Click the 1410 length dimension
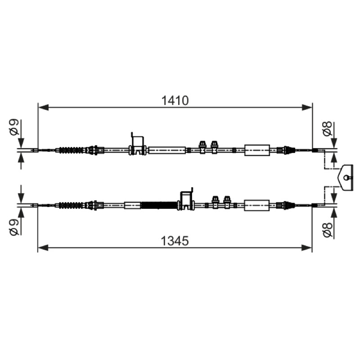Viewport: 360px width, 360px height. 175,100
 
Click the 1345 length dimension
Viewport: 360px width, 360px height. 175,241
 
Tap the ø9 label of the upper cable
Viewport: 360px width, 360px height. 14,127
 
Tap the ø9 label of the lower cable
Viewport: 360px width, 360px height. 14,227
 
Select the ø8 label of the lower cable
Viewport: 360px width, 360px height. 327,229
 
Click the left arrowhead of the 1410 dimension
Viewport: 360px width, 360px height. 43,107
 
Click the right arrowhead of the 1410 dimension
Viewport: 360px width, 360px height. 307,107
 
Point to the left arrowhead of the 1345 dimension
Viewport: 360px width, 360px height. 43,247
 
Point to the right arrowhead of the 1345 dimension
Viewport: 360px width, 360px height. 306,247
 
